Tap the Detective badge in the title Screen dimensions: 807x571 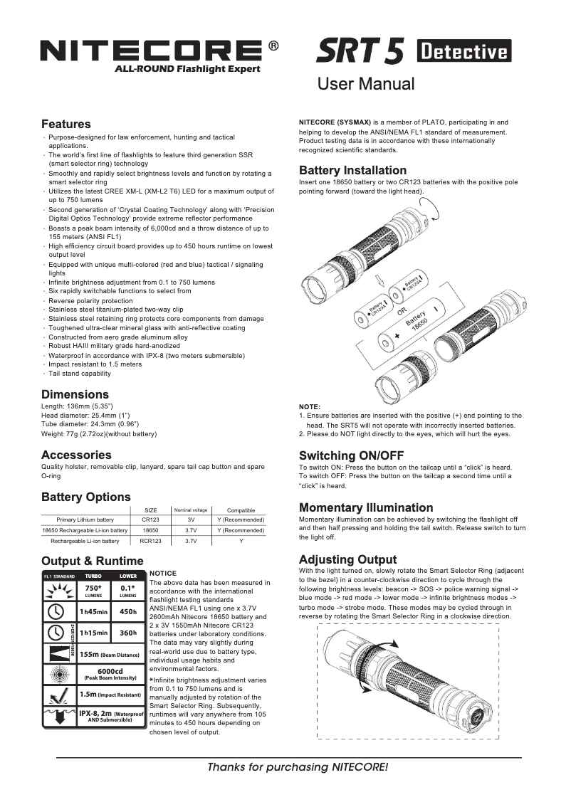pyautogui.click(x=464, y=51)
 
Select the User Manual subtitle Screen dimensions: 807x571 pyautogui.click(x=366, y=84)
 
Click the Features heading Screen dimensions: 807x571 pyautogui.click(x=66, y=124)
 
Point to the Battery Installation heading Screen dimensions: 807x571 pyautogui.click(x=352, y=170)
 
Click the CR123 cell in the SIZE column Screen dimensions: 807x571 pyautogui.click(x=151, y=519)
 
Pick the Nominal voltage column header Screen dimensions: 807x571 pyautogui.click(x=191, y=510)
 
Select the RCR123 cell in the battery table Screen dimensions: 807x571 pyautogui.click(x=151, y=541)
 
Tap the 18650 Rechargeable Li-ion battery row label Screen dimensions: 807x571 pyautogui.click(x=85, y=530)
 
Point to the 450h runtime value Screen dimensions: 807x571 pyautogui.click(x=128, y=611)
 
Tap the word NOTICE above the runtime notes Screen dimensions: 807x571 pyautogui.click(x=163, y=573)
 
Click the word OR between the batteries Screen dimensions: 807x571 pyautogui.click(x=402, y=312)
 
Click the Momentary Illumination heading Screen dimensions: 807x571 pyautogui.click(x=366, y=507)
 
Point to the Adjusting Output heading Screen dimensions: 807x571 pyautogui.click(x=347, y=559)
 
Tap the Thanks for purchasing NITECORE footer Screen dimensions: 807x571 pyautogui.click(x=298, y=767)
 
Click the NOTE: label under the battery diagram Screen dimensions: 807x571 pyautogui.click(x=310, y=406)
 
